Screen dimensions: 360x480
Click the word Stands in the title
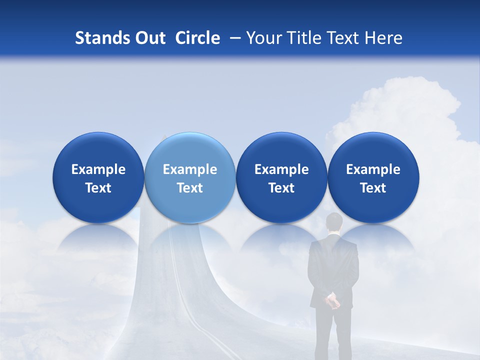pos(101,38)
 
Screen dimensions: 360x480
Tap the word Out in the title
pos(149,38)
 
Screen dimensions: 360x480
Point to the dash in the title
pos(234,38)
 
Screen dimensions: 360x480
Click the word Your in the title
pos(262,38)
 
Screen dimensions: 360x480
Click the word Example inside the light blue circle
pos(190,169)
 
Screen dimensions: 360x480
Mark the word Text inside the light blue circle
pos(190,188)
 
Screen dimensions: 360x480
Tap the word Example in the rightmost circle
pos(373,169)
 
